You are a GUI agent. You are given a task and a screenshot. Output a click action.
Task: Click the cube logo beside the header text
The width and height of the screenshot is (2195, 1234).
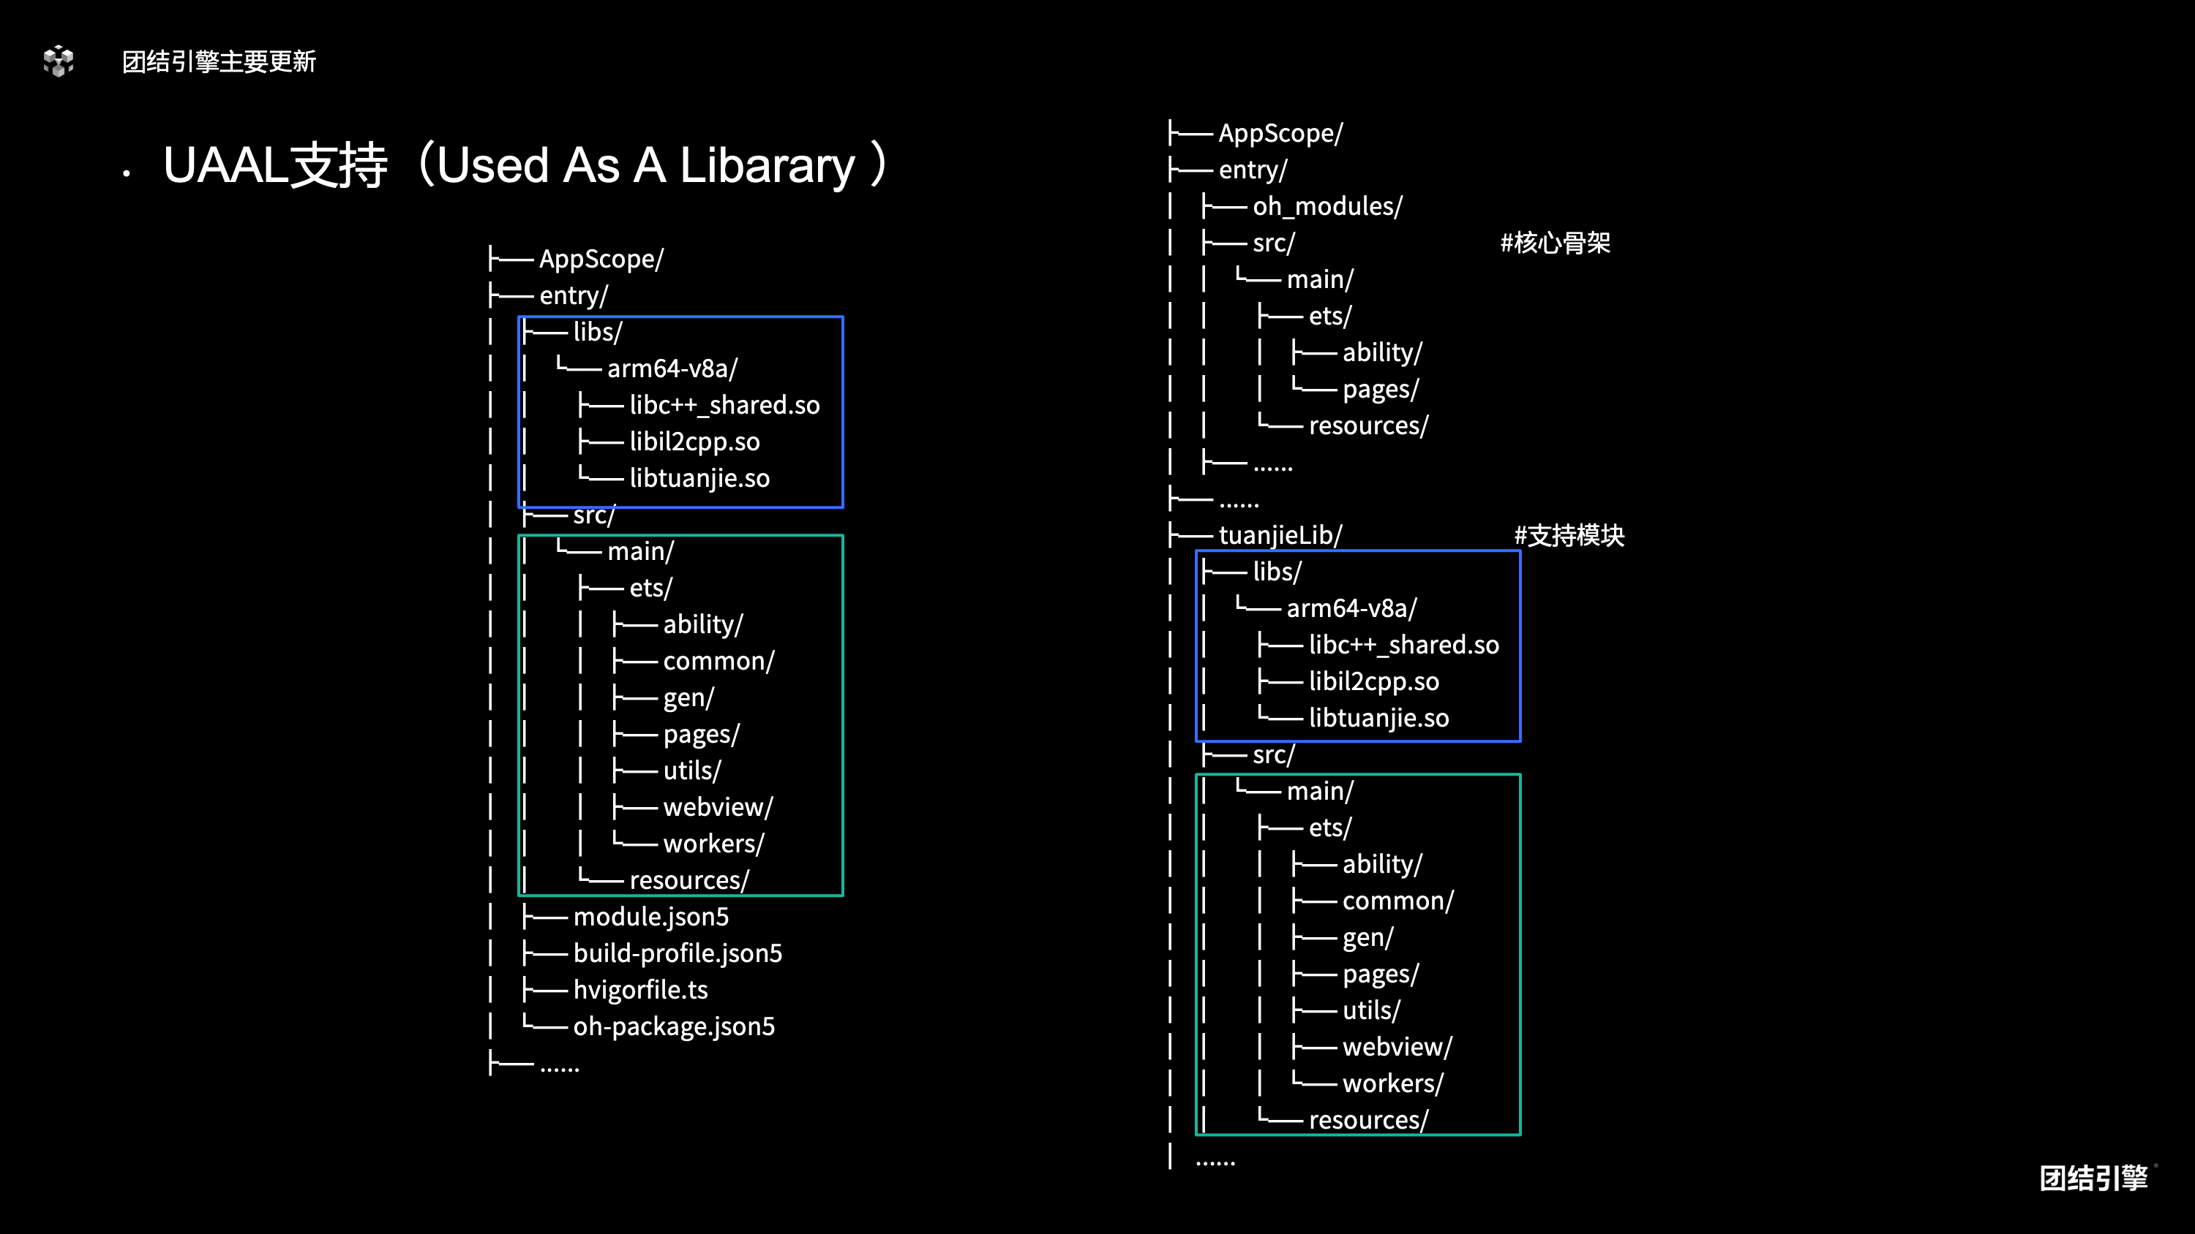[59, 61]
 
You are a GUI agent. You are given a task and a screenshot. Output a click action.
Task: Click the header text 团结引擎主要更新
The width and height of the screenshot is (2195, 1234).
[219, 61]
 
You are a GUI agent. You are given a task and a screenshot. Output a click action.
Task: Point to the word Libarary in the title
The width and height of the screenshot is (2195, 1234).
[767, 165]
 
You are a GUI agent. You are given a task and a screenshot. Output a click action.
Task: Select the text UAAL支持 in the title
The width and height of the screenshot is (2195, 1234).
[275, 165]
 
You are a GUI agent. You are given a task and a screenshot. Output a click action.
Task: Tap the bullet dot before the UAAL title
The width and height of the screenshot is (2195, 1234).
[126, 174]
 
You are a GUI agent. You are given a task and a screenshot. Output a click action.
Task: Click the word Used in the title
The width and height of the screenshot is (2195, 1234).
[492, 165]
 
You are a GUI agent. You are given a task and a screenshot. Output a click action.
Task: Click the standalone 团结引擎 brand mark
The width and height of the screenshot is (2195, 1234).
[2093, 1178]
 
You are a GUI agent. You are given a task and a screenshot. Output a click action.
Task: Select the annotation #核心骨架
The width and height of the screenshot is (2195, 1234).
[1555, 243]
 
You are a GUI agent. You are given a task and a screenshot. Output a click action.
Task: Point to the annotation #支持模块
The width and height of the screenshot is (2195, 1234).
[1569, 536]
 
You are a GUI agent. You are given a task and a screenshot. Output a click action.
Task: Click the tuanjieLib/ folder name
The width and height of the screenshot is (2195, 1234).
[1280, 536]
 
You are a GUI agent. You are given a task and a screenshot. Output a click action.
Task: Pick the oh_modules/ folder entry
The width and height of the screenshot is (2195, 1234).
[1327, 206]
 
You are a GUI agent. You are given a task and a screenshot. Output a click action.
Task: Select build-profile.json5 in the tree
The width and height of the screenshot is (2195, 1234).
[678, 954]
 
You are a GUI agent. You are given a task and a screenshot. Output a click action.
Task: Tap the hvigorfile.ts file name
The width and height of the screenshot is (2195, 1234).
[641, 991]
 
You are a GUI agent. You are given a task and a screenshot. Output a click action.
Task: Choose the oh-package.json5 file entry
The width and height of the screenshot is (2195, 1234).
[674, 1027]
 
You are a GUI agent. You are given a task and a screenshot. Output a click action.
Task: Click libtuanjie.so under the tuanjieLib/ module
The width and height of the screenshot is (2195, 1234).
[1378, 719]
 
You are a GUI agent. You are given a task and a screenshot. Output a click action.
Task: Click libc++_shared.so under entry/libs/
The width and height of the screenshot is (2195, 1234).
[724, 406]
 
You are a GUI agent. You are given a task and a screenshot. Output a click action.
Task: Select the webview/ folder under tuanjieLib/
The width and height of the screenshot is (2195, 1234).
[1397, 1048]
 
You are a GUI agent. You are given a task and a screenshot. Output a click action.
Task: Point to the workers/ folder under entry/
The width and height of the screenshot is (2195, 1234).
[713, 844]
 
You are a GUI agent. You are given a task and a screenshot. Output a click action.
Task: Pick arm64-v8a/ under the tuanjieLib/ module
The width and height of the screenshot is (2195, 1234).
[1351, 609]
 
